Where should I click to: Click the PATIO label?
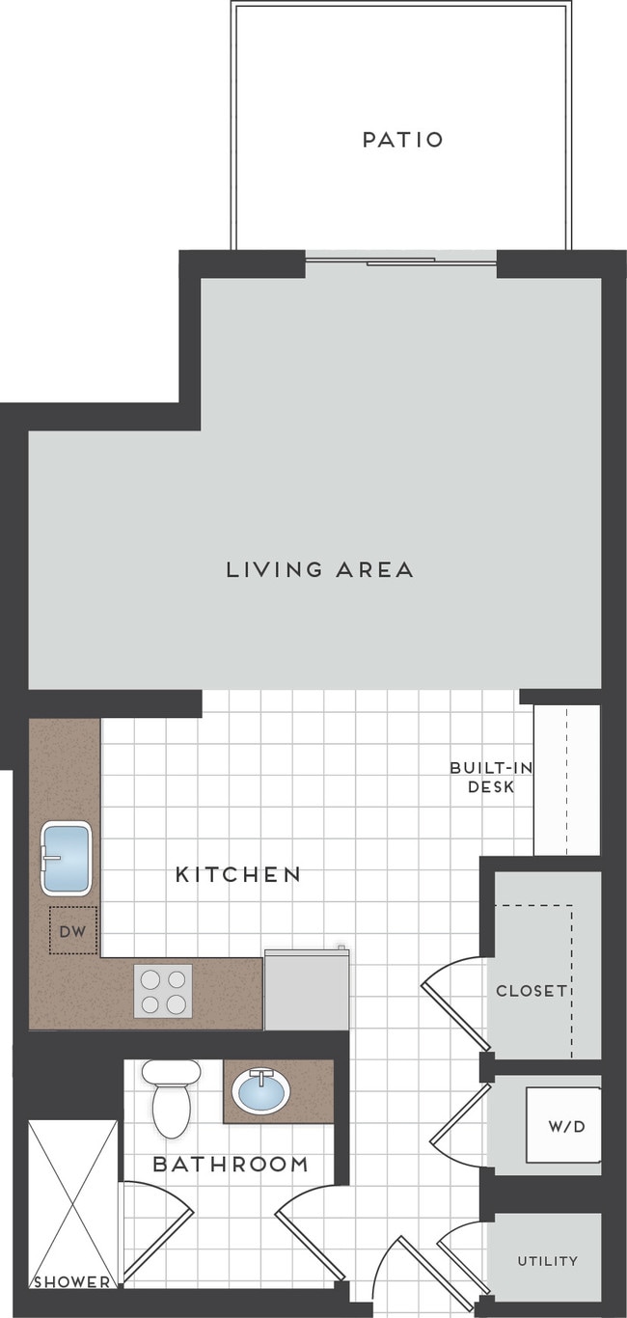pyautogui.click(x=402, y=140)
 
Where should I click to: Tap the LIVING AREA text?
pyautogui.click(x=319, y=569)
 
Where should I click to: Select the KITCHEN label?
pyautogui.click(x=237, y=874)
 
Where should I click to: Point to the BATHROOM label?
pyautogui.click(x=231, y=1165)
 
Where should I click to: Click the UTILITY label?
pyautogui.click(x=547, y=1260)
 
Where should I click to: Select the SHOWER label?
pyautogui.click(x=71, y=1282)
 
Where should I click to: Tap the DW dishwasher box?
pyautogui.click(x=73, y=931)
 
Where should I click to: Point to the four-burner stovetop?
pyautogui.click(x=163, y=991)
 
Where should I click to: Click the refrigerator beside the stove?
pyautogui.click(x=306, y=990)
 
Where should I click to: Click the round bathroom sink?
pyautogui.click(x=260, y=1091)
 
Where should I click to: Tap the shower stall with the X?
pyautogui.click(x=71, y=1196)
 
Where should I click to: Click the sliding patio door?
pyautogui.click(x=400, y=260)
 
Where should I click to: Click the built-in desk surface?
pyautogui.click(x=566, y=780)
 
